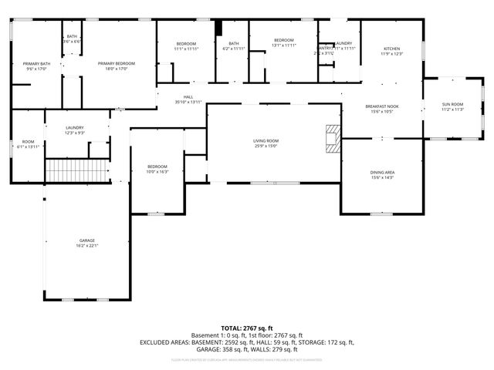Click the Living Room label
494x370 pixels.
coord(266,141)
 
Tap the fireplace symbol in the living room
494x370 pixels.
coord(332,140)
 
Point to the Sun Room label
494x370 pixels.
coord(452,103)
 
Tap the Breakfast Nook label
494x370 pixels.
coord(382,106)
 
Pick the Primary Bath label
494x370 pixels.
coord(36,63)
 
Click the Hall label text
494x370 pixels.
coord(188,97)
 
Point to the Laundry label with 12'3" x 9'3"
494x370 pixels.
coord(75,128)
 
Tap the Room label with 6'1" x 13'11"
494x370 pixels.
coord(28,141)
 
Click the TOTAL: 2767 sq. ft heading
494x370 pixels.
coord(246,328)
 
